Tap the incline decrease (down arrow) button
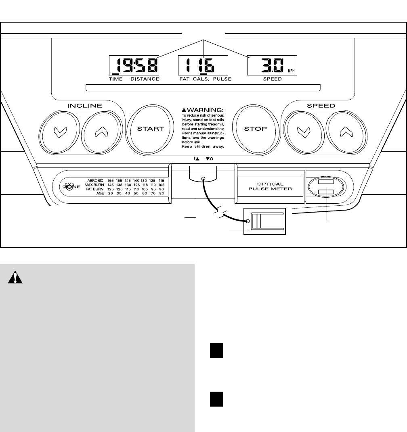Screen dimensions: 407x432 (60, 132)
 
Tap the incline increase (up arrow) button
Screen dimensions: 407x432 (102, 132)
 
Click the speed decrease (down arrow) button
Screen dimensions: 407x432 (304, 132)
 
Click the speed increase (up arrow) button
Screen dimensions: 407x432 (346, 132)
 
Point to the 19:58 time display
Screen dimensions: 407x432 (134, 65)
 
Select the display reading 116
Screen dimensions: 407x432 (203, 65)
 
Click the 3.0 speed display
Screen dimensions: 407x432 (272, 65)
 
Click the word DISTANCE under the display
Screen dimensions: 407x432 (145, 79)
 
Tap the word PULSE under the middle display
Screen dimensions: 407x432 (222, 79)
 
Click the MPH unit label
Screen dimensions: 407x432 (291, 71)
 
